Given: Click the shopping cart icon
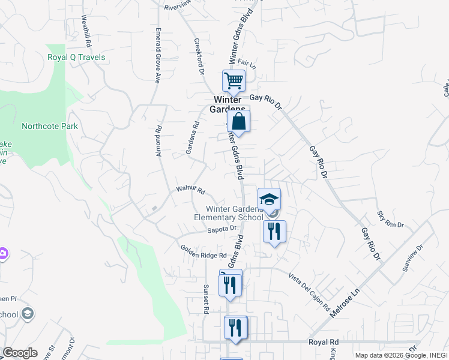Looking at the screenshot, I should pyautogui.click(x=234, y=80).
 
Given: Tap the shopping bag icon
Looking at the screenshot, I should pyautogui.click(x=238, y=121).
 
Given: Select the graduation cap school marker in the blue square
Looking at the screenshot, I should pyautogui.click(x=270, y=199).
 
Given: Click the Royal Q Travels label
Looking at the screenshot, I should pyautogui.click(x=76, y=58).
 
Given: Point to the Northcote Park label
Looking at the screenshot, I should pyautogui.click(x=50, y=127).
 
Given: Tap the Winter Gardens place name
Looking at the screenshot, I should pyautogui.click(x=226, y=104).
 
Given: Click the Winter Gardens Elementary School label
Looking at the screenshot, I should pyautogui.click(x=228, y=213).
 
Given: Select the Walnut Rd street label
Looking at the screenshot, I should pyautogui.click(x=191, y=190).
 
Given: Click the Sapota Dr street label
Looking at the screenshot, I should pyautogui.click(x=222, y=229).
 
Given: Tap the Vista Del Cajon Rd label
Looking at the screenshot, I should pyautogui.click(x=309, y=292).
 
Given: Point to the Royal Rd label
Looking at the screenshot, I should pyautogui.click(x=324, y=341).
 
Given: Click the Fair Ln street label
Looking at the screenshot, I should pyautogui.click(x=247, y=62).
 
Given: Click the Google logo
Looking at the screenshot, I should pyautogui.click(x=20, y=353).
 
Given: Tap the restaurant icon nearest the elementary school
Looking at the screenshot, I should pyautogui.click(x=274, y=231).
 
